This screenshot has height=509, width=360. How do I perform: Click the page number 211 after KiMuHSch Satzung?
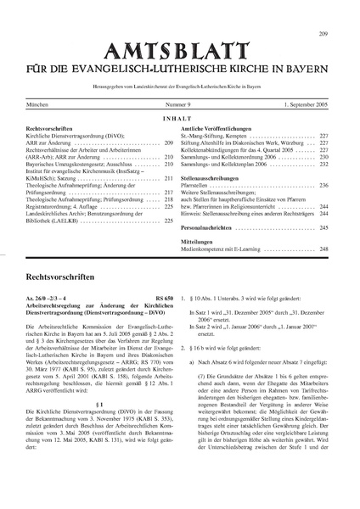tap(168, 179)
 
